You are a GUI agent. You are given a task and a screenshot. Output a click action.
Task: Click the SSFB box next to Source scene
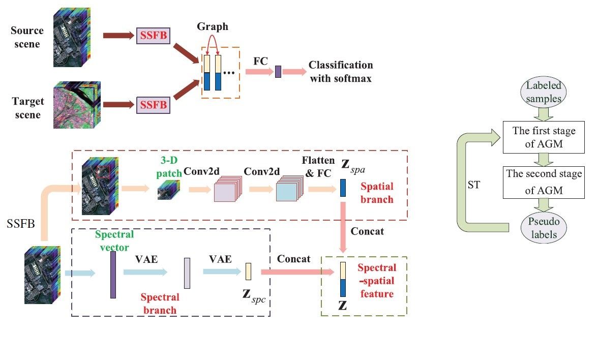click(x=153, y=36)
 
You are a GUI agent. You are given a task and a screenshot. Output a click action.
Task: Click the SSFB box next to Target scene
click(x=153, y=106)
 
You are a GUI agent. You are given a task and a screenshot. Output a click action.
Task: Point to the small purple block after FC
click(x=278, y=72)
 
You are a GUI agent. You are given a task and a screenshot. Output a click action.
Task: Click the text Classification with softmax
click(x=341, y=72)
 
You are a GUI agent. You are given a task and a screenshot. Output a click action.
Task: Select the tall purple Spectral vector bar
click(x=112, y=275)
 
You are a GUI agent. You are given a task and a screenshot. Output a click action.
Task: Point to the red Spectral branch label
click(x=160, y=304)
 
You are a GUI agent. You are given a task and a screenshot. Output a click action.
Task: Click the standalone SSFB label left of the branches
click(x=20, y=222)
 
